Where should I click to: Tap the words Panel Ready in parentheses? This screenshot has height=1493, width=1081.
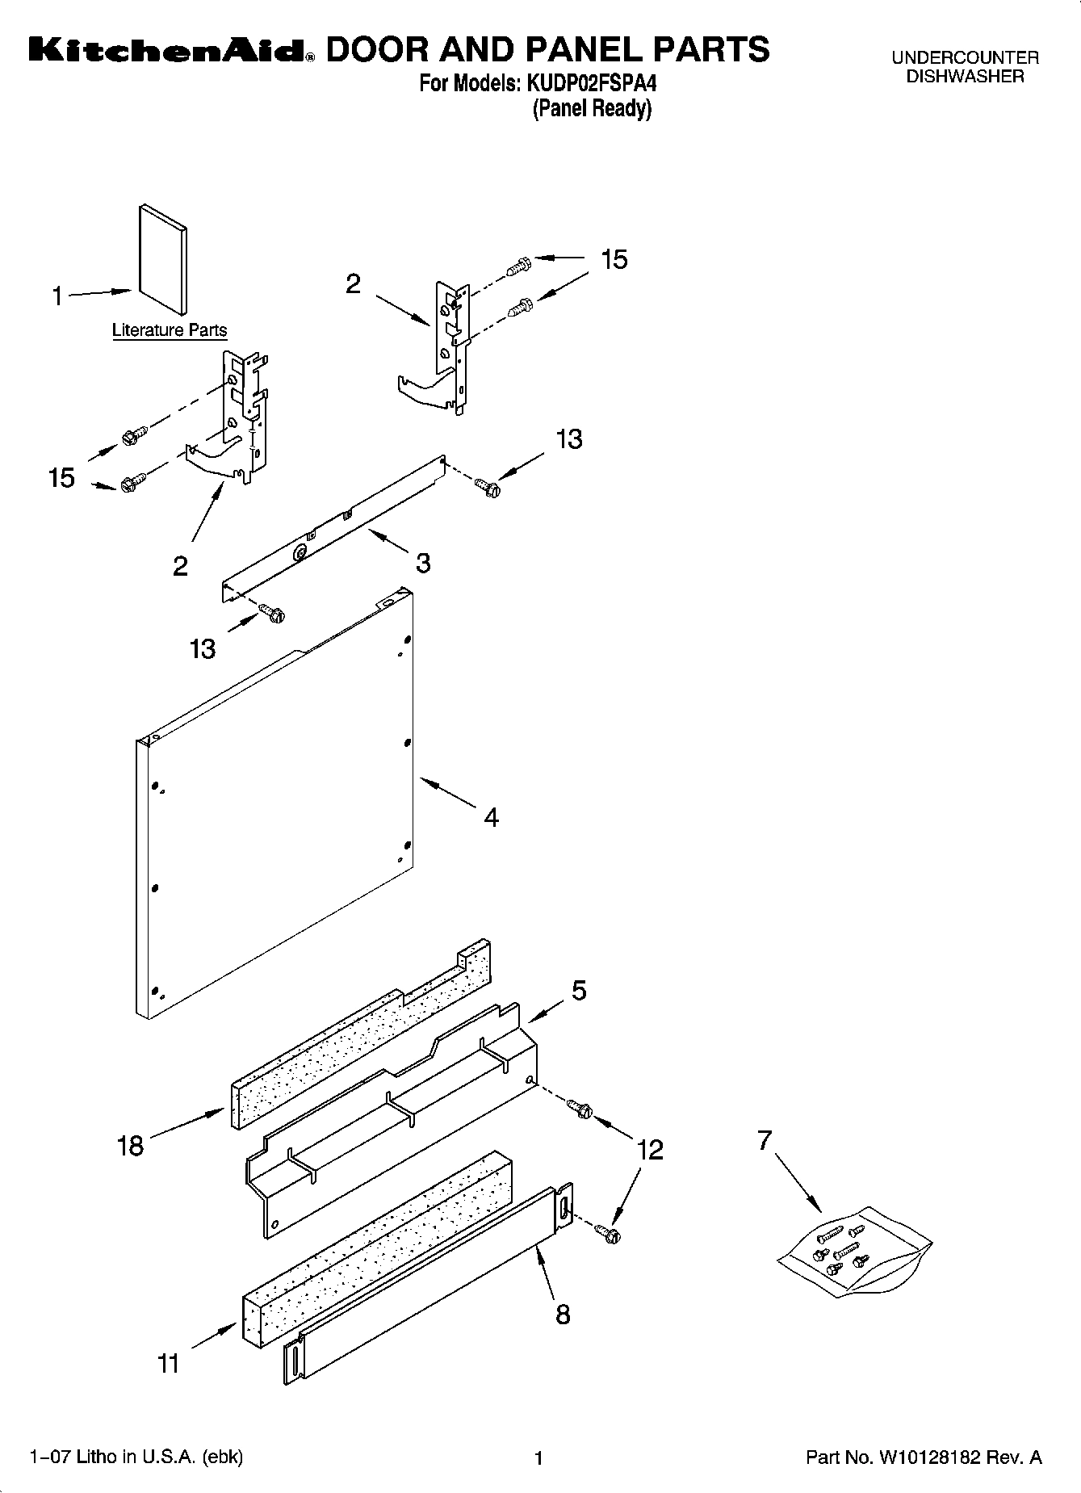[x=592, y=108]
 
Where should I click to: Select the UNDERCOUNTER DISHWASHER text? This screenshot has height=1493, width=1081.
[x=965, y=67]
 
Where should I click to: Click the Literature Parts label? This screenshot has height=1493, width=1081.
[x=170, y=330]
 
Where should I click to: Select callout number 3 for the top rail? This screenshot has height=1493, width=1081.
[x=423, y=563]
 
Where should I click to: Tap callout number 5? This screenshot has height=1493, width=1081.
[x=579, y=991]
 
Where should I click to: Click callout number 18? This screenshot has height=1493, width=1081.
[x=130, y=1145]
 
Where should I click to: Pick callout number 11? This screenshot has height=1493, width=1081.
[x=168, y=1364]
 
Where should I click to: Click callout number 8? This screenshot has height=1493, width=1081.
[x=563, y=1314]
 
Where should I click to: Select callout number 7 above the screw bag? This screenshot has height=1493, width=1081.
[x=765, y=1140]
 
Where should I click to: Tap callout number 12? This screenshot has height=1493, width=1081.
[x=650, y=1150]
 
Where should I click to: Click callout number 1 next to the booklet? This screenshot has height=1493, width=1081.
[x=57, y=297]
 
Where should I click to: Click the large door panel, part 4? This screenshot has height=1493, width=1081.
[x=274, y=807]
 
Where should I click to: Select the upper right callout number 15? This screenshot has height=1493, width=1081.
[x=614, y=260]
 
